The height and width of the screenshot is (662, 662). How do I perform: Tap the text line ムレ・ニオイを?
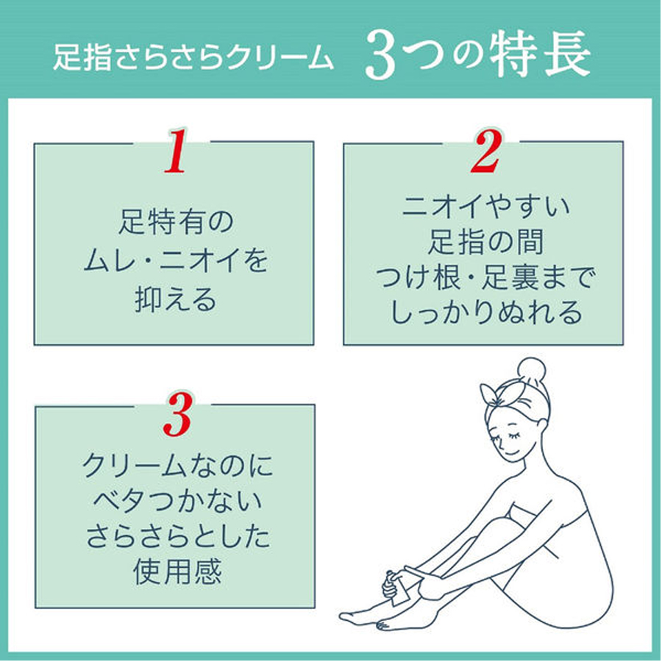[x=175, y=260]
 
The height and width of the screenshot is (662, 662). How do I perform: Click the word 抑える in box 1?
[x=175, y=299]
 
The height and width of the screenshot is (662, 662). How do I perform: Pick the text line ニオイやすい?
[x=485, y=207]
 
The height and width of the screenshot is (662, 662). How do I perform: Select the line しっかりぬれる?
[x=485, y=314]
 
